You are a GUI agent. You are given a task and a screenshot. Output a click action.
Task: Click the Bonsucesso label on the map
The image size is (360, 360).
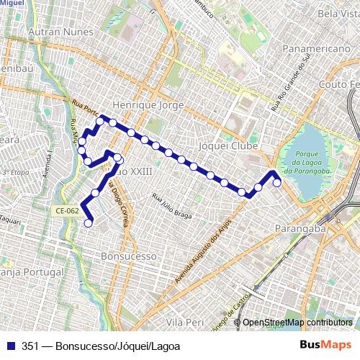click(x=129, y=256)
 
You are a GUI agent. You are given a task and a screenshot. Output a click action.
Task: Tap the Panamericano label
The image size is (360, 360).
click(x=316, y=48)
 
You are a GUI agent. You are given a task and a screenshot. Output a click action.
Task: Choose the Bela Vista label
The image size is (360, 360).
click(x=338, y=14)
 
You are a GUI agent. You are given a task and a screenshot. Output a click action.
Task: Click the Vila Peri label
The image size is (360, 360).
click(x=186, y=322)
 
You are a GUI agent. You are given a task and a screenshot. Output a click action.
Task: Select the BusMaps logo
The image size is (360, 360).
click(x=330, y=346)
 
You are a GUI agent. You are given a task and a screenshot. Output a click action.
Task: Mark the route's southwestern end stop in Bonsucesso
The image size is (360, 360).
click(x=89, y=223)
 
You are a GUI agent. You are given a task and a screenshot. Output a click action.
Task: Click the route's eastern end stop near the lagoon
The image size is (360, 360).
click(x=277, y=183)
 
